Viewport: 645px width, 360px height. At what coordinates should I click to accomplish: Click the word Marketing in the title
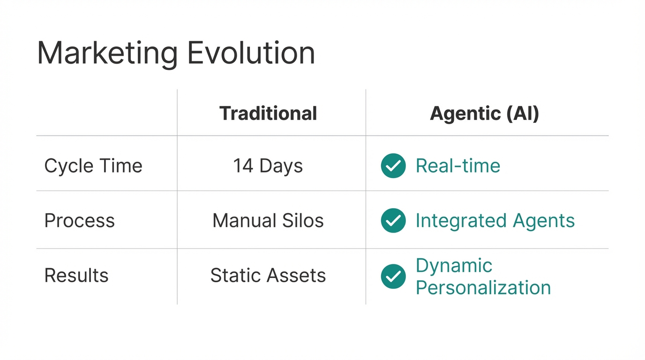(107, 53)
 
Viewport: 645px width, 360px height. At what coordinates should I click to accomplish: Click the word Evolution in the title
(251, 53)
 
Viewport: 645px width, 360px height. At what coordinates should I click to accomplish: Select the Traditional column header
(268, 113)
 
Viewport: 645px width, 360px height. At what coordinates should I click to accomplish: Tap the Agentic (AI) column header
(484, 113)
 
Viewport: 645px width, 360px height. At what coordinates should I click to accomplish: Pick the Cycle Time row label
(93, 166)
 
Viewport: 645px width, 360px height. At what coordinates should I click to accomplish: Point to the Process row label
(79, 221)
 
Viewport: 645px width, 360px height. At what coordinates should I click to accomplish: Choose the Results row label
(76, 276)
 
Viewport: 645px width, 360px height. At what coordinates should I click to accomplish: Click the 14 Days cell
(268, 166)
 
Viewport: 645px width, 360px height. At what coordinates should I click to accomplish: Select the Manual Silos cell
(268, 221)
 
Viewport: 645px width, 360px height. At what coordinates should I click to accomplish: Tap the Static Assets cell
(268, 276)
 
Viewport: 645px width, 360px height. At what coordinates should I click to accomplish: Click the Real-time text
(458, 166)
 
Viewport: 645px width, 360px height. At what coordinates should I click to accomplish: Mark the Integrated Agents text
(495, 221)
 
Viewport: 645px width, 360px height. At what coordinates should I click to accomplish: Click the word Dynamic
(454, 266)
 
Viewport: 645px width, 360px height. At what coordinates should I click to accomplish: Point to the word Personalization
(483, 287)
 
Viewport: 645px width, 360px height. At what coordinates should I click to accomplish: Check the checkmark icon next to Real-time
(393, 166)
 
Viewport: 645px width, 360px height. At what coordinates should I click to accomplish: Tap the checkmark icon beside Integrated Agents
(393, 221)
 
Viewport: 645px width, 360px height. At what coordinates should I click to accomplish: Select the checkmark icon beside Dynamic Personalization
(393, 276)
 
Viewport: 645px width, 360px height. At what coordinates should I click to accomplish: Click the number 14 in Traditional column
(243, 166)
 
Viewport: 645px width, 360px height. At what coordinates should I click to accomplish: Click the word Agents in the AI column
(544, 221)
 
